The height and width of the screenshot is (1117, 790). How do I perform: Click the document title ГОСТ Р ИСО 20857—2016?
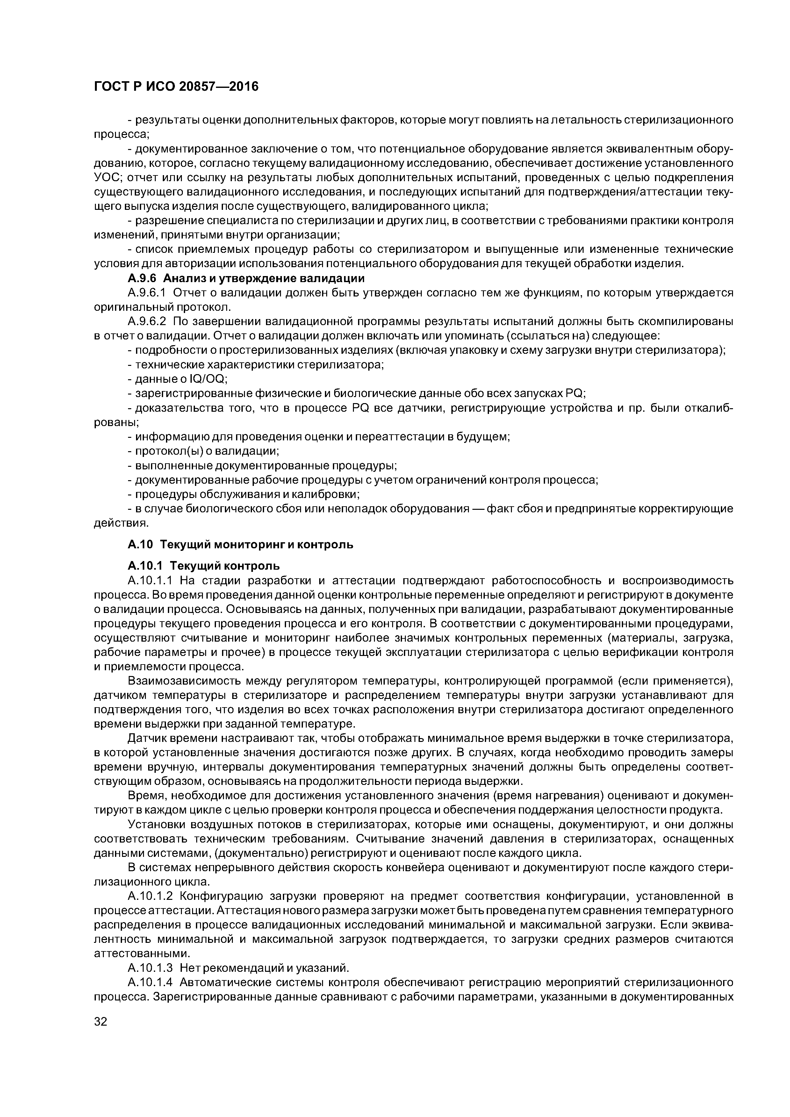pyautogui.click(x=176, y=87)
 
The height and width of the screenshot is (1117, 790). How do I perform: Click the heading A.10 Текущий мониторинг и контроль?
pyautogui.click(x=241, y=544)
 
